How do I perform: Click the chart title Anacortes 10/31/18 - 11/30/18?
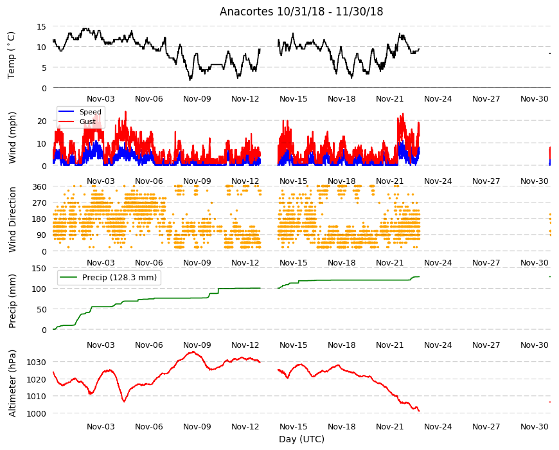click(301, 12)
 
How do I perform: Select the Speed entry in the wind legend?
click(90, 112)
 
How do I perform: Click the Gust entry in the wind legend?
click(87, 122)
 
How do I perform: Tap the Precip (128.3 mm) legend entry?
click(120, 278)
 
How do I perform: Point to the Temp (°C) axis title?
click(12, 55)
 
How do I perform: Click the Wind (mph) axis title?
click(12, 138)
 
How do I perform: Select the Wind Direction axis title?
click(12, 219)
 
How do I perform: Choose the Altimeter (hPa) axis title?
click(12, 383)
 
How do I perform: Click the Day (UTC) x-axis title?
click(301, 439)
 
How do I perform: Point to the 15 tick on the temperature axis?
click(41, 26)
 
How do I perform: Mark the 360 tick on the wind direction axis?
click(39, 186)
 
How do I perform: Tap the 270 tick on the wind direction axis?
click(39, 203)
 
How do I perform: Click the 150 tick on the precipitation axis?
click(39, 268)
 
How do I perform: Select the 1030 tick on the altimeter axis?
click(37, 363)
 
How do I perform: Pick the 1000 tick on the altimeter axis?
click(37, 413)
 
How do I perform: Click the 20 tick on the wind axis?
click(42, 122)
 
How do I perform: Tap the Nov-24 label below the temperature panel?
click(438, 99)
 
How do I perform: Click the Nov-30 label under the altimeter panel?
click(534, 426)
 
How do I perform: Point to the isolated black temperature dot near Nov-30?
click(550, 53)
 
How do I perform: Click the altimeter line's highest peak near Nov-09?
click(193, 352)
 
